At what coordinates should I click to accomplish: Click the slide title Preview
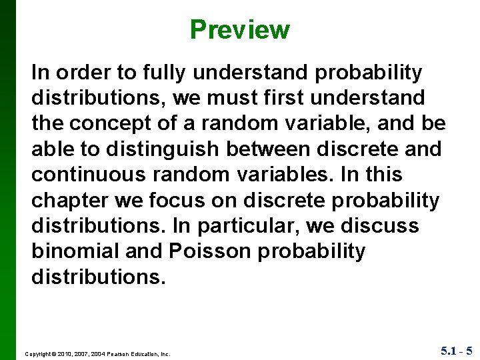click(x=239, y=30)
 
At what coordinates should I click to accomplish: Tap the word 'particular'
click(x=245, y=226)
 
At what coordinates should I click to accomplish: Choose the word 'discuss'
click(x=380, y=226)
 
